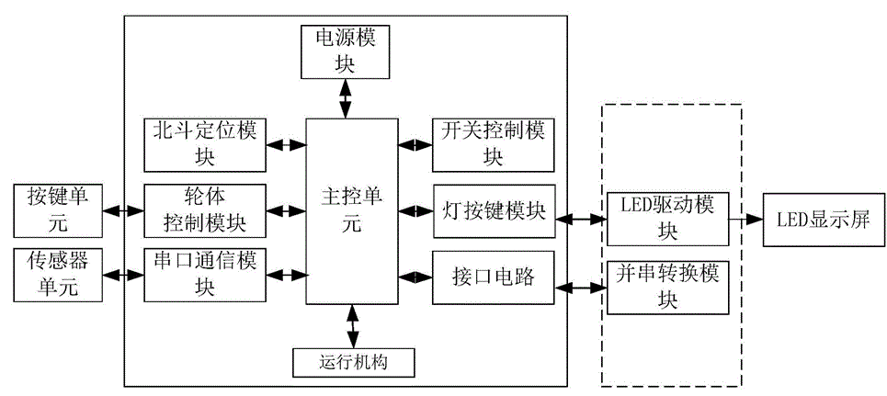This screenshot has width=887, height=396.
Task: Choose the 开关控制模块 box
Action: coord(493,144)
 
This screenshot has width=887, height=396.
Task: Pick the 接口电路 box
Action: coord(493,276)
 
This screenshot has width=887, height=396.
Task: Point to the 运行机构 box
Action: coord(354,362)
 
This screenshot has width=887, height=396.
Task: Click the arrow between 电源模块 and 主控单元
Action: coord(346,98)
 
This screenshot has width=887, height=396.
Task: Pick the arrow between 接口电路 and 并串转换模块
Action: coord(580,285)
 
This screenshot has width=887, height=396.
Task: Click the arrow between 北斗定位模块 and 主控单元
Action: coord(286,144)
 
